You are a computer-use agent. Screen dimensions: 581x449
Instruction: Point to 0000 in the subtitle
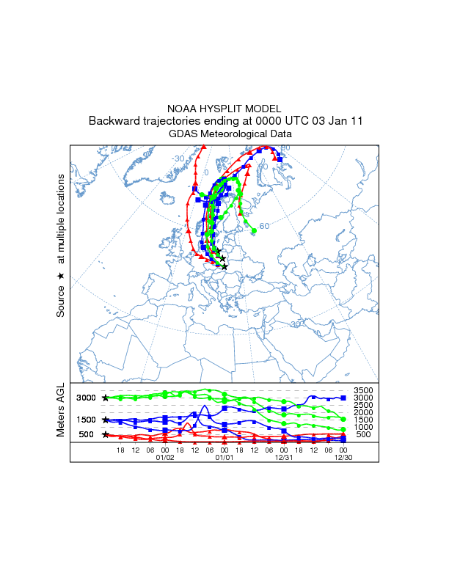(x=267, y=121)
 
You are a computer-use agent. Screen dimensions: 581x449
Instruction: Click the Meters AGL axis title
(x=61, y=411)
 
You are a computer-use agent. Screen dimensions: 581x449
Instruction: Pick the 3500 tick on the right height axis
(x=364, y=390)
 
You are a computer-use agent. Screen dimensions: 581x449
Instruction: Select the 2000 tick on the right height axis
(x=364, y=412)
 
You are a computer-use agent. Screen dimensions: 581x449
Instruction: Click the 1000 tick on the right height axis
(x=364, y=427)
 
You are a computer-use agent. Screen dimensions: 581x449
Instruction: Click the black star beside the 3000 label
(x=106, y=398)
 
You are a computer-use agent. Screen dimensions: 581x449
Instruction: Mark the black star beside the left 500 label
(x=106, y=434)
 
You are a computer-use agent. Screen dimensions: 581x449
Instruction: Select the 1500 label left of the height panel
(x=87, y=420)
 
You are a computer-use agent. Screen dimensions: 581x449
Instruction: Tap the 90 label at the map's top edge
(x=285, y=148)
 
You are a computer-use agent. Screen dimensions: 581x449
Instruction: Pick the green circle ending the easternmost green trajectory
(x=254, y=230)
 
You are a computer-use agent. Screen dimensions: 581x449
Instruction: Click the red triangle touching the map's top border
(x=200, y=147)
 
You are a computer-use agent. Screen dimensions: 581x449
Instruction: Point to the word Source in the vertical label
(x=61, y=302)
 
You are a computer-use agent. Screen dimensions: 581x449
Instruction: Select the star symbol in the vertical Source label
(x=61, y=276)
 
